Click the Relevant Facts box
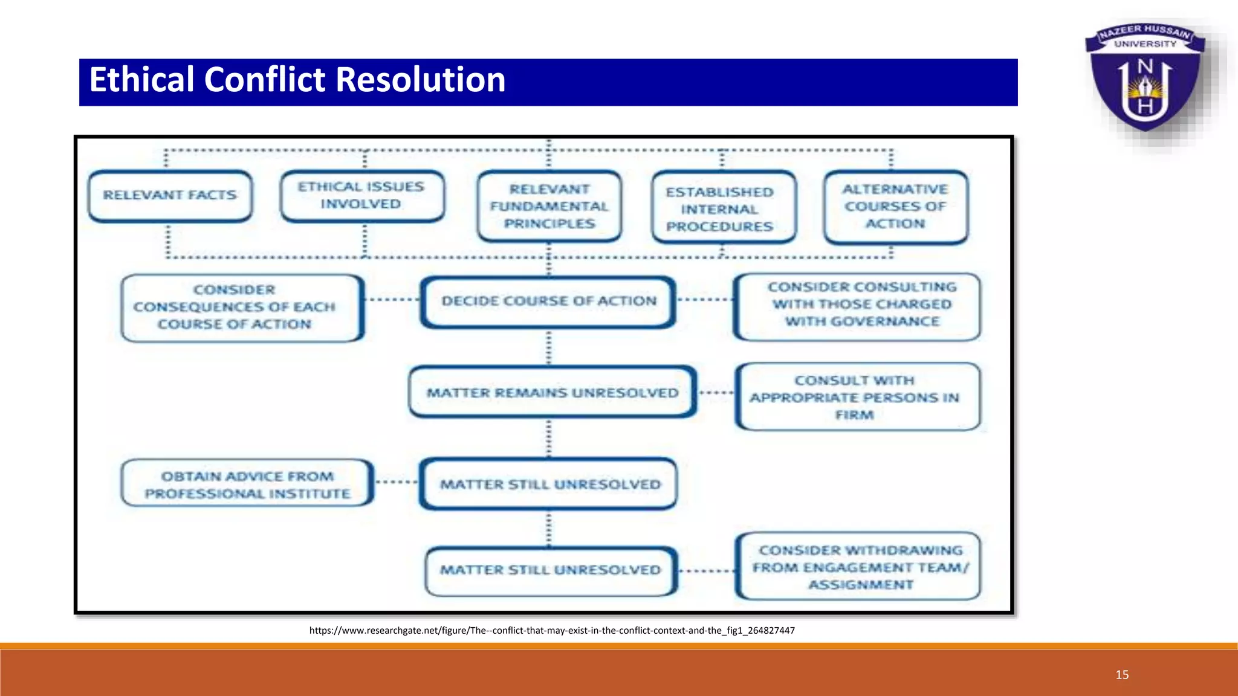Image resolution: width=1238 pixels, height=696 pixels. click(x=170, y=196)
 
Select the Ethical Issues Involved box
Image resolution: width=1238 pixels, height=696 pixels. click(x=361, y=196)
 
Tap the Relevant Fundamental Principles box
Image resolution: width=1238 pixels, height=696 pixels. click(x=549, y=207)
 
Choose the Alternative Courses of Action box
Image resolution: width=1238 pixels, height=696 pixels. click(x=895, y=207)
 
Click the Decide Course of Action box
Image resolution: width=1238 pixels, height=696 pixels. click(x=548, y=301)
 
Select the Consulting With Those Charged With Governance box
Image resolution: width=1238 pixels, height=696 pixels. click(x=857, y=305)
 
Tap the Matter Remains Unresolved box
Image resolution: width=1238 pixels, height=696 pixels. click(x=553, y=393)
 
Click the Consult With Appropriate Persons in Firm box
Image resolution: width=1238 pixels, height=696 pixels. click(x=857, y=397)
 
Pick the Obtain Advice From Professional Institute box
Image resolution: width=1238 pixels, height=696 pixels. click(x=247, y=484)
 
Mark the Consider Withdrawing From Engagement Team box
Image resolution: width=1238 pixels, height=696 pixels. click(x=858, y=567)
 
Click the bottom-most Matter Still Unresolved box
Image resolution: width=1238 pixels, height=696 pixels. click(x=550, y=570)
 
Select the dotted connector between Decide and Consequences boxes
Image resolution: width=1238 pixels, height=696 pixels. click(x=392, y=299)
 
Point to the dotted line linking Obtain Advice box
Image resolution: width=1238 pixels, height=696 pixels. click(x=397, y=482)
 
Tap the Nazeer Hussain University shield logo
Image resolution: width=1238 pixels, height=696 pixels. click(x=1145, y=79)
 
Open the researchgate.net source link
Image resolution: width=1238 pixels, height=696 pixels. click(x=551, y=630)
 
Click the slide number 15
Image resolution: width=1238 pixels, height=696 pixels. click(x=1122, y=675)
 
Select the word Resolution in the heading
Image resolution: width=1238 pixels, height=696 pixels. click(x=420, y=80)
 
